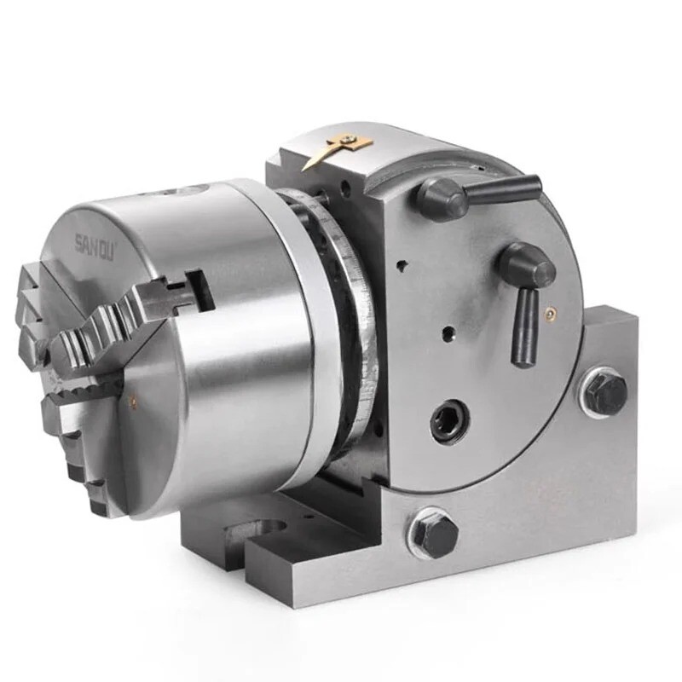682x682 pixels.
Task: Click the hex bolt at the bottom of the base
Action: (x=435, y=535)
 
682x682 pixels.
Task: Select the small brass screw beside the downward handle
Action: (x=550, y=315)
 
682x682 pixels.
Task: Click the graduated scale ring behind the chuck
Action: (x=358, y=332)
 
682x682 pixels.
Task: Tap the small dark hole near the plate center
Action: (x=444, y=328)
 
